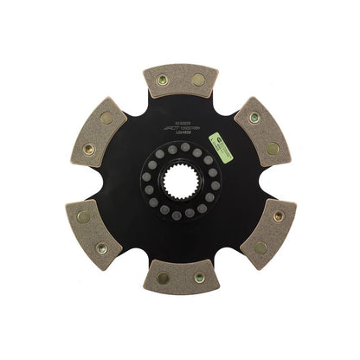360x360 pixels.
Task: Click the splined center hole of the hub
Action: (x=180, y=180)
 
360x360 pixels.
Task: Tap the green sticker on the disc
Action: (x=226, y=157)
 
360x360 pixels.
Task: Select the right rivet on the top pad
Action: (x=198, y=80)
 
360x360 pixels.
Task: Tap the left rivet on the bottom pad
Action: (x=162, y=279)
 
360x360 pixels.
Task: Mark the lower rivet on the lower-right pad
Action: (x=260, y=246)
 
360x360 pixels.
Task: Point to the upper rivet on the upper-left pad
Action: (x=106, y=117)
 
